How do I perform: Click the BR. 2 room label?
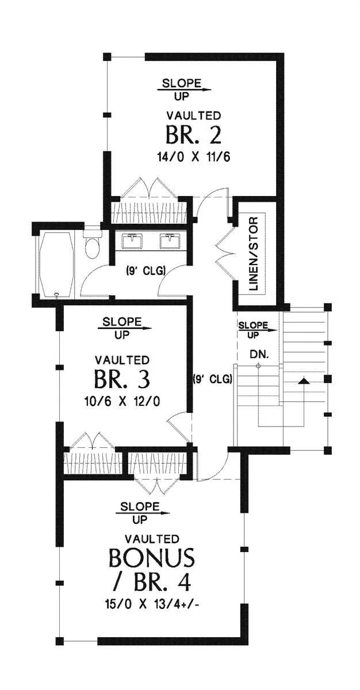pyautogui.click(x=194, y=135)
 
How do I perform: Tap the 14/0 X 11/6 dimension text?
pyautogui.click(x=194, y=157)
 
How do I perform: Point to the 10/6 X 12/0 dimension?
pyautogui.click(x=122, y=401)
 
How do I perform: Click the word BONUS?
pyautogui.click(x=152, y=557)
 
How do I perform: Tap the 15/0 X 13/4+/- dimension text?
pyautogui.click(x=152, y=604)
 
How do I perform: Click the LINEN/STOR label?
pyautogui.click(x=253, y=254)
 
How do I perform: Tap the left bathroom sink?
pyautogui.click(x=132, y=241)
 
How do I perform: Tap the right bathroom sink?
pyautogui.click(x=170, y=241)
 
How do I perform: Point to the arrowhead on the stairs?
pyautogui.click(x=304, y=381)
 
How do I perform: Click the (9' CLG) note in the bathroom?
pyautogui.click(x=145, y=271)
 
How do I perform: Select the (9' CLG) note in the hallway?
pyautogui.click(x=212, y=378)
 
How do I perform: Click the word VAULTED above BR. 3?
pyautogui.click(x=122, y=360)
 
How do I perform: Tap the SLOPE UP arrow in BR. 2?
pyautogui.click(x=185, y=90)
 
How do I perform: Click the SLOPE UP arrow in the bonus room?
pyautogui.click(x=143, y=513)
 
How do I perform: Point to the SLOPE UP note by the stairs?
pyautogui.click(x=254, y=330)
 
